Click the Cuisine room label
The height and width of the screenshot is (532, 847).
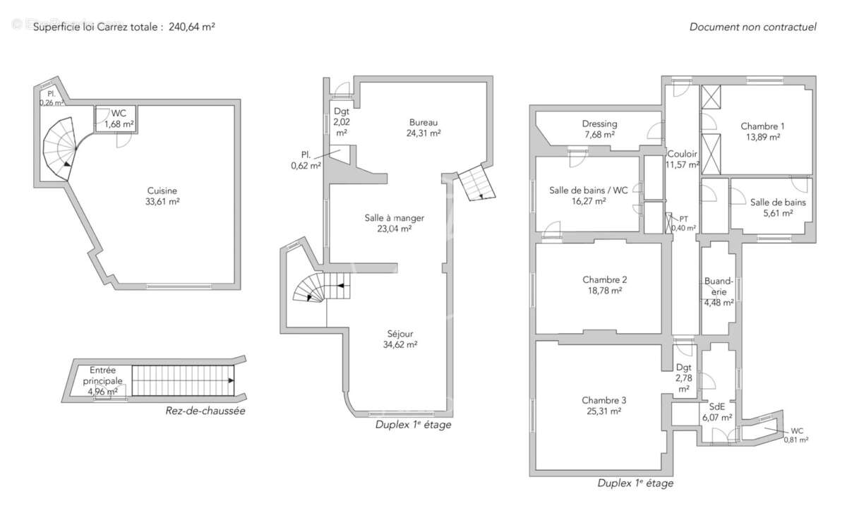tap(162, 191)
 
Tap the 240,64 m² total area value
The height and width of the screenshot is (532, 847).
tap(192, 27)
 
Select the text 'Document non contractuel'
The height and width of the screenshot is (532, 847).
tap(752, 27)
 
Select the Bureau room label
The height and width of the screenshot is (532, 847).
tap(423, 122)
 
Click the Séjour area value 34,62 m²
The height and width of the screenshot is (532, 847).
tap(401, 344)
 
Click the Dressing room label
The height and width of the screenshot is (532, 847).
tap(599, 123)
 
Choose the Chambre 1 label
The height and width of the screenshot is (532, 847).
tap(762, 126)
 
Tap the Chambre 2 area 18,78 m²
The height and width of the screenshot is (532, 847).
tap(605, 290)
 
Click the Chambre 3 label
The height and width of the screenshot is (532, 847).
tap(604, 400)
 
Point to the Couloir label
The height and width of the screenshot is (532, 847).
tap(682, 153)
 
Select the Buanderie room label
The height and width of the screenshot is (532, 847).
tap(719, 282)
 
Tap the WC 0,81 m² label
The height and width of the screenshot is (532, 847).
tap(796, 430)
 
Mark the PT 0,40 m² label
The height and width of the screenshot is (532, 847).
tap(683, 219)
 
